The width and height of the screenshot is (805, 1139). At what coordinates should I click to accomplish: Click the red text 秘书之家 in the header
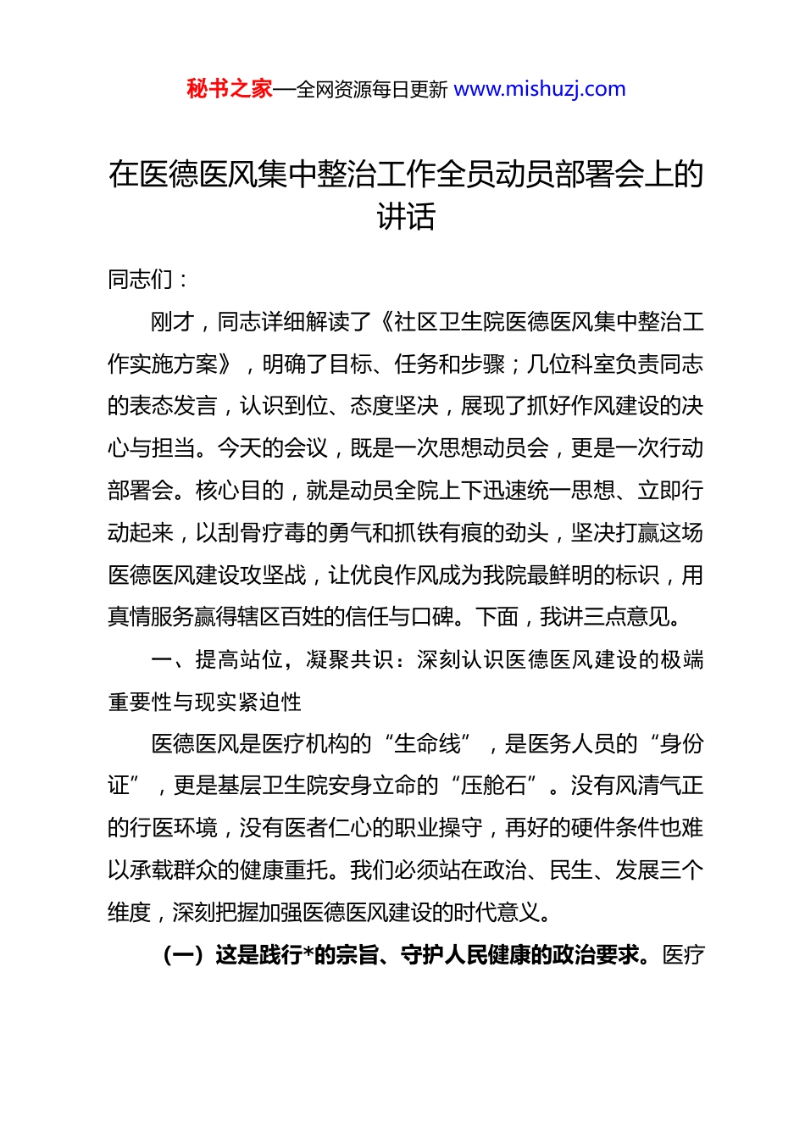coord(230,89)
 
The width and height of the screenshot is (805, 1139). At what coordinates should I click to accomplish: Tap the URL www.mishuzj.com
coord(540,89)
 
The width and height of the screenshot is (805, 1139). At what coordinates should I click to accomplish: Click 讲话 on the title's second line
coord(406,217)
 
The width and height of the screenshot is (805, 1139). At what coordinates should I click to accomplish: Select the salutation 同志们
coord(141,280)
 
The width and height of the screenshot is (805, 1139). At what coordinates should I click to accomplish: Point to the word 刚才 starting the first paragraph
coord(173,322)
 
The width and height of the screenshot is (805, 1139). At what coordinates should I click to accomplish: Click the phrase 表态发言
coord(174,406)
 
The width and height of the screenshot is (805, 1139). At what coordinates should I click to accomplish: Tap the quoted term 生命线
coord(427,744)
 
